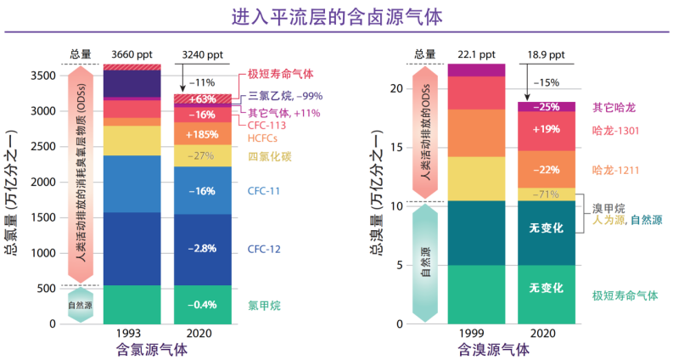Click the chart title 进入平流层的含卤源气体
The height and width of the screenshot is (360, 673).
point(337,17)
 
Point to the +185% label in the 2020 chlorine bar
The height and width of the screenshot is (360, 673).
point(201,134)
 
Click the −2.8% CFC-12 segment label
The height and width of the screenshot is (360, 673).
point(201,249)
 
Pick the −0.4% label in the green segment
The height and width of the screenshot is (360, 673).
point(201,305)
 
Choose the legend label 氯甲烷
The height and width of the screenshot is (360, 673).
point(265,304)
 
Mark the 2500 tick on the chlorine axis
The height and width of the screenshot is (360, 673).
point(42,147)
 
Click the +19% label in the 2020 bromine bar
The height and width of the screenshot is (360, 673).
point(546,130)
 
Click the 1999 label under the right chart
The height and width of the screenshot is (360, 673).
point(476,333)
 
